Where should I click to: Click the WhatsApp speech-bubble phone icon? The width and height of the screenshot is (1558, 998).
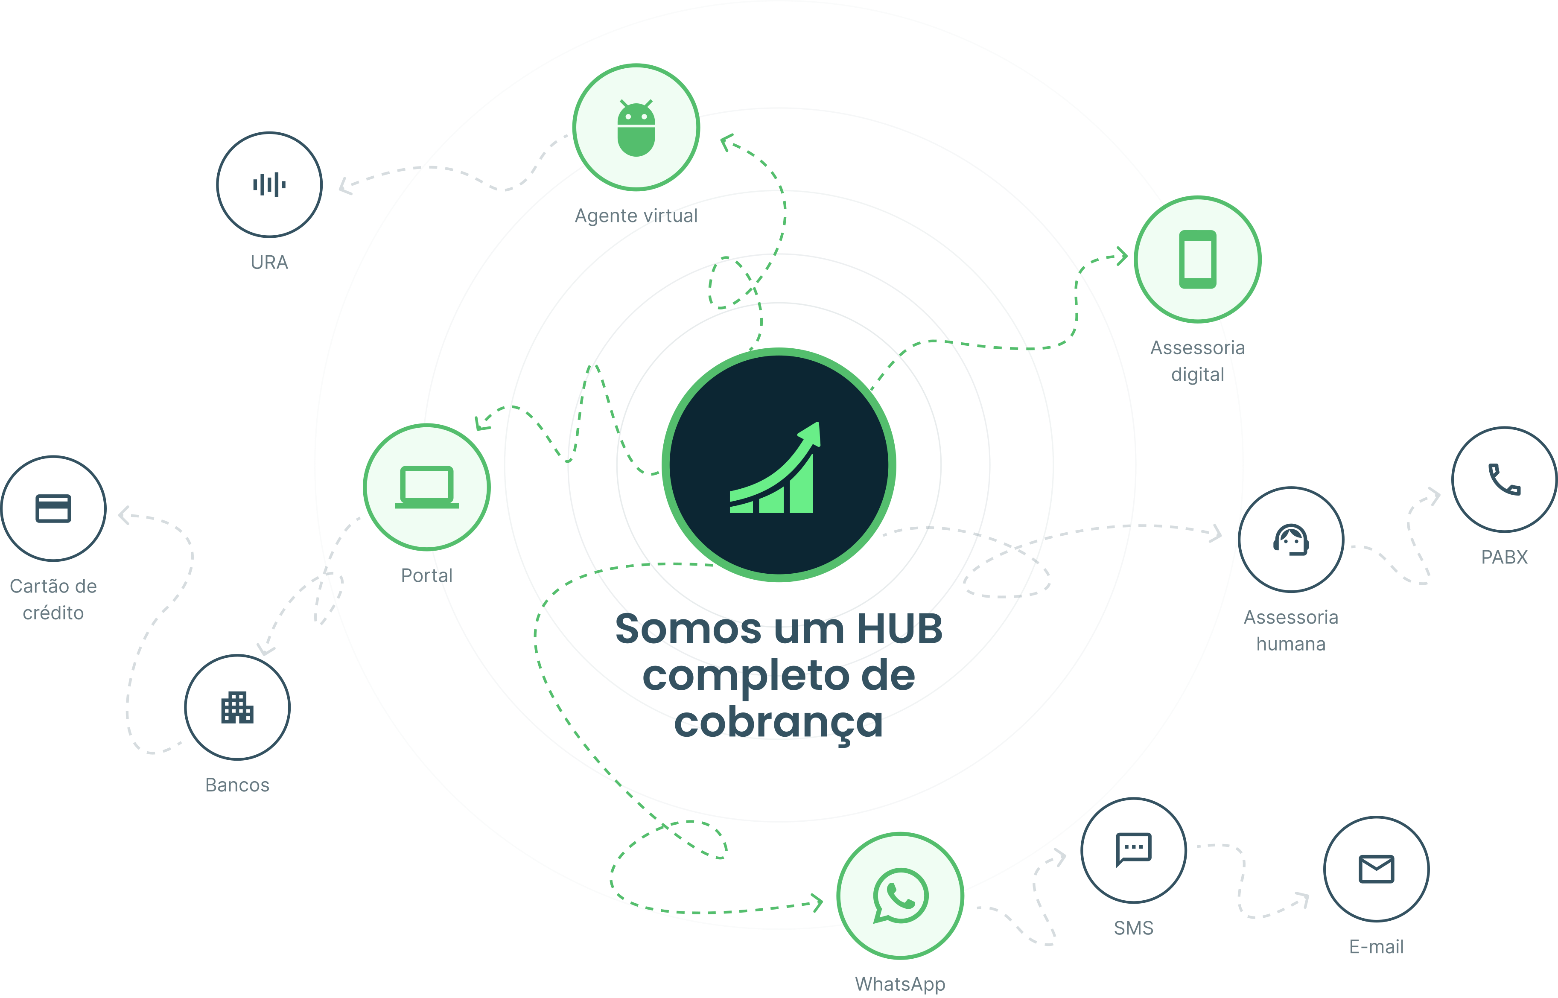[x=900, y=896]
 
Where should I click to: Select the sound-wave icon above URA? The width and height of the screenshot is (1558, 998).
[x=270, y=185]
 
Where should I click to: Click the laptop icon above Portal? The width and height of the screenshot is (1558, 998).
[x=426, y=487]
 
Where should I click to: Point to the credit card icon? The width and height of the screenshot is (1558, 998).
[x=53, y=508]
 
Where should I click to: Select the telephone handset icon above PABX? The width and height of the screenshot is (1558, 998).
[x=1504, y=479]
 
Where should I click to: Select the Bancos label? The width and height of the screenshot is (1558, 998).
[x=237, y=785]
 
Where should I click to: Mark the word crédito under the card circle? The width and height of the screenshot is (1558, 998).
[x=53, y=613]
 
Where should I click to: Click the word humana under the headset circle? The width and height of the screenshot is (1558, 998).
[x=1291, y=644]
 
